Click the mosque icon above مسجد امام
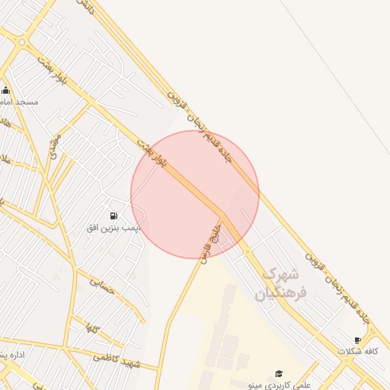6,91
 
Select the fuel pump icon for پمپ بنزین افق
113,216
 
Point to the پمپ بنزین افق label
113,228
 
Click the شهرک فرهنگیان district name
279,283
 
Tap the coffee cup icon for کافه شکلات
358,340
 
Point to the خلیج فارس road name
210,242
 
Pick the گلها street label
94,328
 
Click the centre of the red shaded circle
195,194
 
